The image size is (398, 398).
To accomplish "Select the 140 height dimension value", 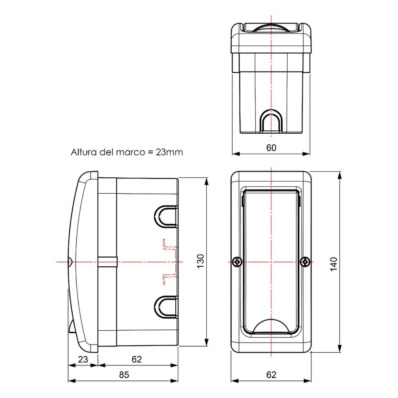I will click(334, 264).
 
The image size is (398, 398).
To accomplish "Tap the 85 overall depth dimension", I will click(124, 375).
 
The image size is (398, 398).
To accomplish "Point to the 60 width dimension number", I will click(271, 148).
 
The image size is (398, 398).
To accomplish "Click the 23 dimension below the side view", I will click(83, 359).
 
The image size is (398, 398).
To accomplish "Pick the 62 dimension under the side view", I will click(137, 359).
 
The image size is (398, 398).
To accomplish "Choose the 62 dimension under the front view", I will click(271, 375).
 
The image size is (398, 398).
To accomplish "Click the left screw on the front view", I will click(236, 262).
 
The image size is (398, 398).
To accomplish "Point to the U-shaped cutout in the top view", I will click(271, 122).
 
